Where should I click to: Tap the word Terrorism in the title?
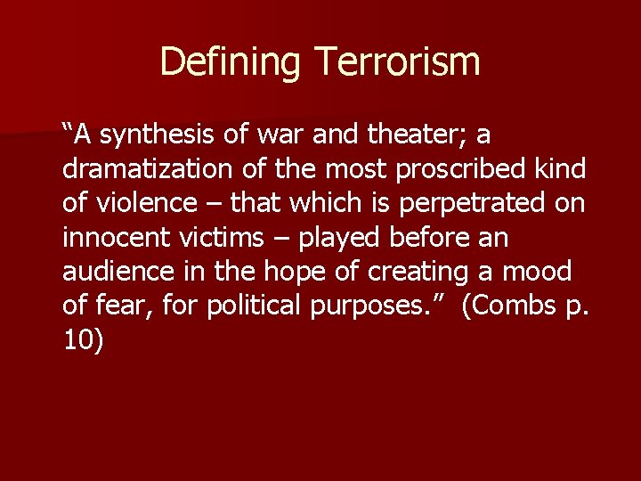click(x=397, y=61)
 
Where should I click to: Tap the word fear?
click(x=119, y=306)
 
